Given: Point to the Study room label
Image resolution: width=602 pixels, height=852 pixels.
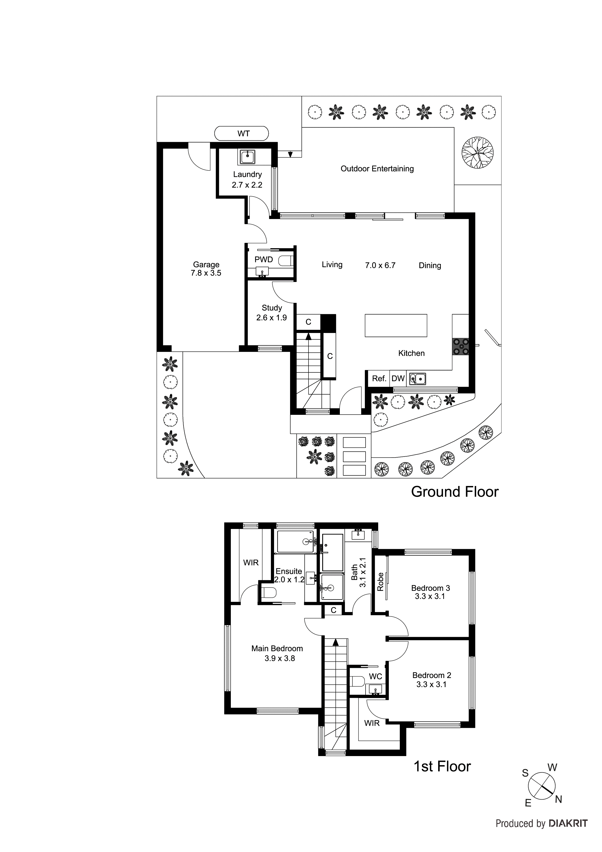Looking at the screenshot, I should pyautogui.click(x=272, y=308).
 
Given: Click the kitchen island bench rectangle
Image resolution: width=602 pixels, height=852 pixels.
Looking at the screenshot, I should pyautogui.click(x=395, y=325).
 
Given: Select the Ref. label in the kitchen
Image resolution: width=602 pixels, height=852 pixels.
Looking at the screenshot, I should pyautogui.click(x=379, y=378).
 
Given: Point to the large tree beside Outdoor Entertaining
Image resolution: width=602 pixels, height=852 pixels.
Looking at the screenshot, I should pyautogui.click(x=477, y=153).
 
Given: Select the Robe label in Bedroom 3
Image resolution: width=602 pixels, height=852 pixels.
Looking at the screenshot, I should pyautogui.click(x=380, y=582).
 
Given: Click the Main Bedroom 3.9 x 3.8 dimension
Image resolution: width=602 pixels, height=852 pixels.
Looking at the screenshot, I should pyautogui.click(x=279, y=658).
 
